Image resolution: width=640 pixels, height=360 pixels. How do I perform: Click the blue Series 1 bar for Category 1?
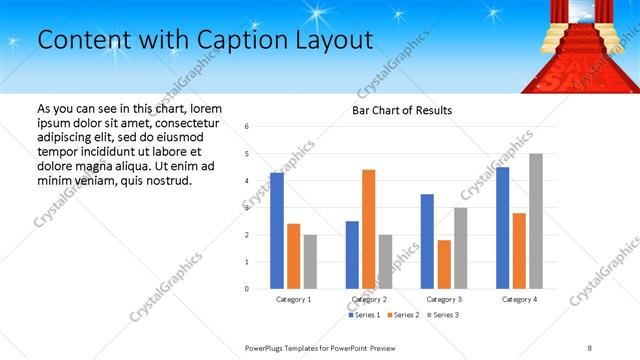pyautogui.click(x=277, y=231)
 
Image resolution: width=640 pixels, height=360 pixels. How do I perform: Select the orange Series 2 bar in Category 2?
pyautogui.click(x=368, y=229)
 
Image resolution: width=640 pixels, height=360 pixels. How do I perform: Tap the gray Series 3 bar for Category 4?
pyautogui.click(x=536, y=221)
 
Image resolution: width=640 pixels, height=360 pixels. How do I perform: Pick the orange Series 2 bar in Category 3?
pyautogui.click(x=444, y=264)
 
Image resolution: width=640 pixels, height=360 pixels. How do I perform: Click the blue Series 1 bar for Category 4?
pyautogui.click(x=502, y=228)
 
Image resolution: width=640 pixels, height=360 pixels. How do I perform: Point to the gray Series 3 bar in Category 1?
pyautogui.click(x=310, y=262)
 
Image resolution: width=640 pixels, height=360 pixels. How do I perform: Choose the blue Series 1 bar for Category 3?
pyautogui.click(x=427, y=241)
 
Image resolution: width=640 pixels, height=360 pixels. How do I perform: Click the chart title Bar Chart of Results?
pyautogui.click(x=402, y=110)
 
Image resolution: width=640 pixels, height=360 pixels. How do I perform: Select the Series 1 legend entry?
pyautogui.click(x=364, y=315)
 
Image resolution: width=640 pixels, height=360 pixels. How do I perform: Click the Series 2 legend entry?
pyautogui.click(x=403, y=315)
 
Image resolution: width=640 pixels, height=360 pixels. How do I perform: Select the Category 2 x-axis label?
pyautogui.click(x=369, y=299)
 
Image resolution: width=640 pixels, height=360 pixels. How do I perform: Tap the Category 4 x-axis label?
pyautogui.click(x=519, y=299)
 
